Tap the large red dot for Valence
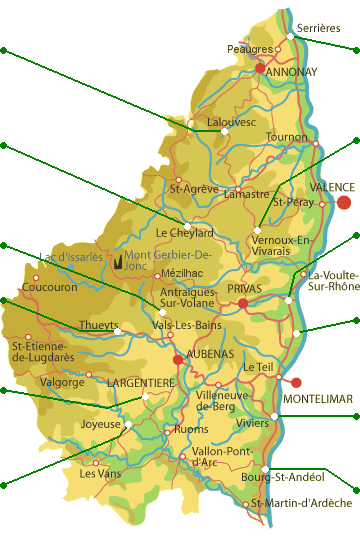[344, 202]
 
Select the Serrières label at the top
[317, 29]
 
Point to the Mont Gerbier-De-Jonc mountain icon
[119, 262]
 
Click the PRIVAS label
[244, 288]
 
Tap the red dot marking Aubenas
[178, 360]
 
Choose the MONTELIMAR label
[317, 399]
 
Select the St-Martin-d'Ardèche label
[302, 502]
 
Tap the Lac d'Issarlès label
[70, 257]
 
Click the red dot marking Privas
[242, 302]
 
